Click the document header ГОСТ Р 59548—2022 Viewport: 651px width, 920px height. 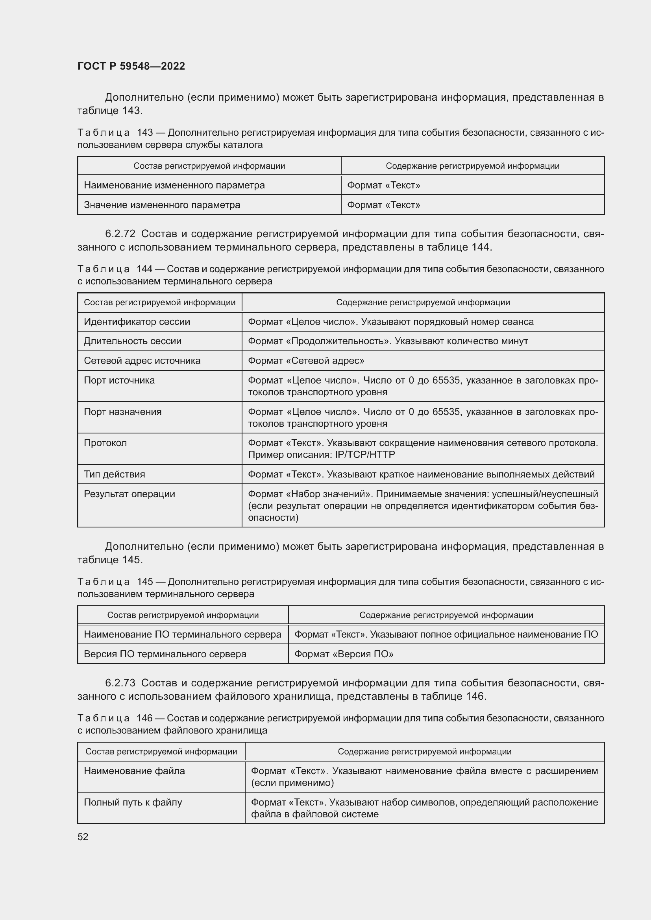131,66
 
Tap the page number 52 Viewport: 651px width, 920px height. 83,837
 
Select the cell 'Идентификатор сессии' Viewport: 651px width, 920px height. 137,322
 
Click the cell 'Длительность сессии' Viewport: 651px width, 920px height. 132,341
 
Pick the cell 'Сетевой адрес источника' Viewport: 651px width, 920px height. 142,361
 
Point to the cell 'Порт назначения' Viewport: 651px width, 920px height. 122,412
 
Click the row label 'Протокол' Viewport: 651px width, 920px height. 105,443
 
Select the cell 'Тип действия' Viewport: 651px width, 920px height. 114,474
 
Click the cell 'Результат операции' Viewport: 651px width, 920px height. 129,494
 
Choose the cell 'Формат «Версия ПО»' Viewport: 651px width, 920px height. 344,654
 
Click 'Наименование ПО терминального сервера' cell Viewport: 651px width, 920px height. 182,634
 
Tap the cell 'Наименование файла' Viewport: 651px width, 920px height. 134,771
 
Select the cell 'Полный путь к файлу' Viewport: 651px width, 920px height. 133,803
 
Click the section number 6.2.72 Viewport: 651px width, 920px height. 120,234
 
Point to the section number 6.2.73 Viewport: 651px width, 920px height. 120,683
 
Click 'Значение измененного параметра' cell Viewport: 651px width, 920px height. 162,205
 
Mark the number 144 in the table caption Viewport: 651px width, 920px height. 144,269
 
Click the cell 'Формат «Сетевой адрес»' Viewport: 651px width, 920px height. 306,361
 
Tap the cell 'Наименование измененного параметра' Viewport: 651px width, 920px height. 174,185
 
